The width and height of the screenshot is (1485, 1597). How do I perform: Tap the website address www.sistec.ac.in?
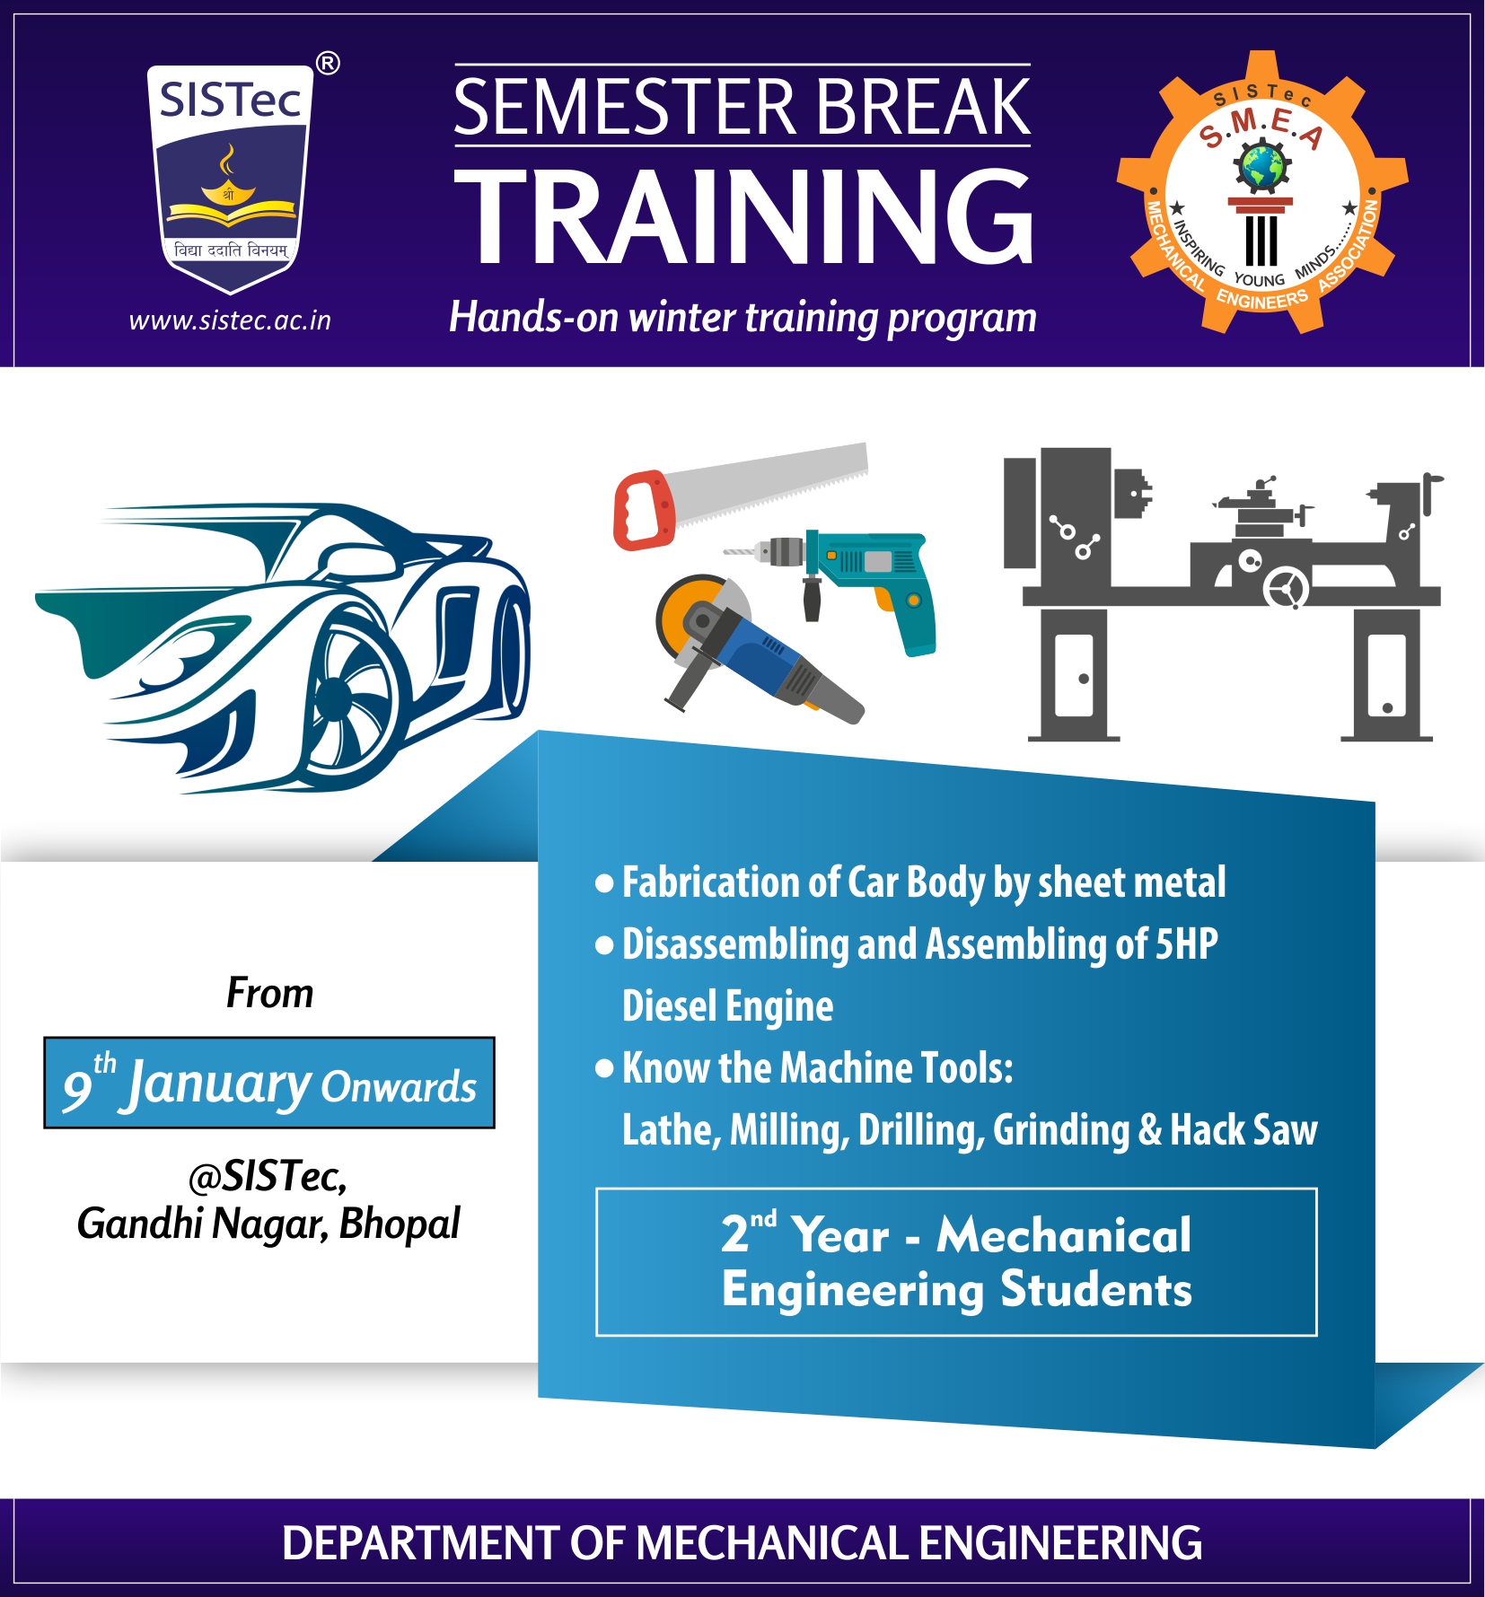(x=230, y=320)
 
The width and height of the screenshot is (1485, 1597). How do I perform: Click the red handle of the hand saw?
(x=645, y=510)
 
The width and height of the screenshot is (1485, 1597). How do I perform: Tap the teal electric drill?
(x=853, y=584)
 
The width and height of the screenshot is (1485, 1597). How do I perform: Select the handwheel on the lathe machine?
(x=1287, y=588)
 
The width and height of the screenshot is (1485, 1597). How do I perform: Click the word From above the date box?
(x=269, y=993)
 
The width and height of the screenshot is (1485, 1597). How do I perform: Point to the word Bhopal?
(x=400, y=1224)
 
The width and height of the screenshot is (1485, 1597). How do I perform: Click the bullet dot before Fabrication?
(x=605, y=883)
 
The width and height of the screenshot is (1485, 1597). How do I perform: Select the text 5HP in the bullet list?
(x=1186, y=943)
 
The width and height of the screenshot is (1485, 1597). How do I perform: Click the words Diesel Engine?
(x=727, y=1006)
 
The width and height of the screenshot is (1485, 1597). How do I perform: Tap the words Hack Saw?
(x=1243, y=1129)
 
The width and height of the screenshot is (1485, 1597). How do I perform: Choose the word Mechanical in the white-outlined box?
(x=1064, y=1234)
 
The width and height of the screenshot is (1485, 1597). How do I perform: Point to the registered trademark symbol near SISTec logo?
(x=328, y=64)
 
